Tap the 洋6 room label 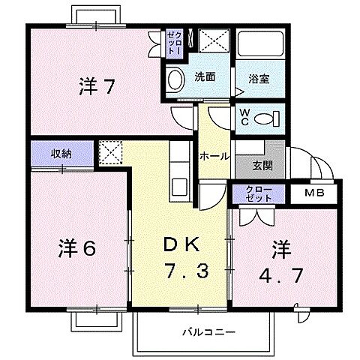click(76, 249)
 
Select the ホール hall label click(214, 156)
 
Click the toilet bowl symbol click(264, 118)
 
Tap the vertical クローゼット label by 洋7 click(174, 43)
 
